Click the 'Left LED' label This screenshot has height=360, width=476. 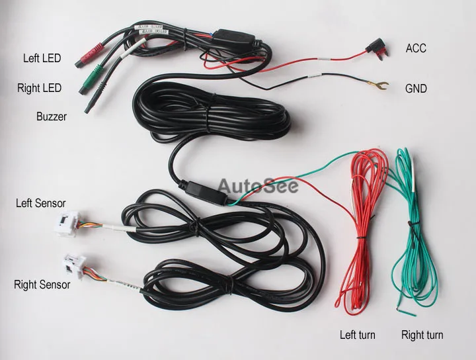[x=42, y=58]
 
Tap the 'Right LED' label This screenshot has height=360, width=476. [x=40, y=87]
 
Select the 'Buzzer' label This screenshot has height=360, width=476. [x=51, y=116]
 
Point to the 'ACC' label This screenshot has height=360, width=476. [x=416, y=48]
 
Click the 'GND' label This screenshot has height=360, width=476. [x=416, y=88]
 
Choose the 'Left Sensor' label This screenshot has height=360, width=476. [x=41, y=202]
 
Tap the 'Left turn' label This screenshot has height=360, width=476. [x=358, y=335]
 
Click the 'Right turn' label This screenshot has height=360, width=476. [x=422, y=335]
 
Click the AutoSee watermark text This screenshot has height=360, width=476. [x=258, y=185]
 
